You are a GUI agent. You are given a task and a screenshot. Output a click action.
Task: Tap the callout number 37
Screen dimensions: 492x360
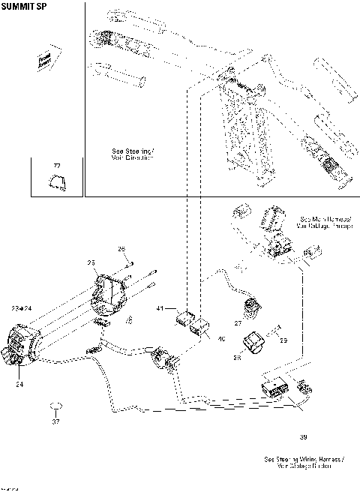pyautogui.click(x=55, y=421)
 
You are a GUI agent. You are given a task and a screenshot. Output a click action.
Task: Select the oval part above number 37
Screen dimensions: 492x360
pyautogui.click(x=55, y=406)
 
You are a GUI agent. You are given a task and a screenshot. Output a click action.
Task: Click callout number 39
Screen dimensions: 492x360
pyautogui.click(x=303, y=437)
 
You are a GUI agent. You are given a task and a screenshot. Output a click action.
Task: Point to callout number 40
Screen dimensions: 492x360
pyautogui.click(x=221, y=339)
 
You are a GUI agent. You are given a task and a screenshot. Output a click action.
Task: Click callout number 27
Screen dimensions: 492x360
pyautogui.click(x=237, y=324)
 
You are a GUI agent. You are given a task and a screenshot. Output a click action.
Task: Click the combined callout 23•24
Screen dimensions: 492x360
pyautogui.click(x=22, y=308)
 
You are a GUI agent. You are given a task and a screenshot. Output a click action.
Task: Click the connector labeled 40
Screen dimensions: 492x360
pyautogui.click(x=201, y=328)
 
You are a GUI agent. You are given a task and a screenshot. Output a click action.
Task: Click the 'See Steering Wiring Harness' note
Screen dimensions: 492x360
pyautogui.click(x=304, y=462)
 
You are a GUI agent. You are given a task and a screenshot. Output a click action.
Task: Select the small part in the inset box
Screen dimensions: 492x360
pyautogui.click(x=56, y=180)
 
